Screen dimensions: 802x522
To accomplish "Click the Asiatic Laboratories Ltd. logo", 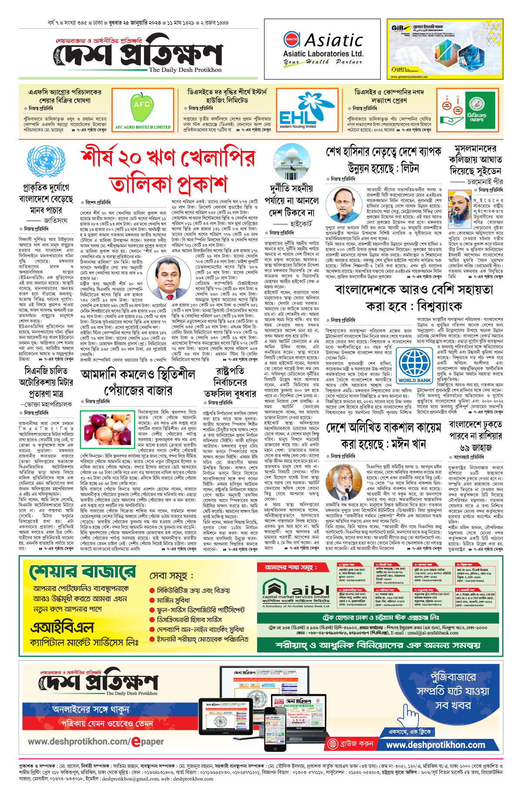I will tap(323, 49).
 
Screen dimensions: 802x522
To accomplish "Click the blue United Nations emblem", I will tap(45, 161).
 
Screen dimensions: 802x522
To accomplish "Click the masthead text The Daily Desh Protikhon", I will tap(185, 70).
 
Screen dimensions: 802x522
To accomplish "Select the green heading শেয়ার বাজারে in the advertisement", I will tap(83, 571).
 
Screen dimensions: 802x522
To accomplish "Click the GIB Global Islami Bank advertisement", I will tap(446, 49).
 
